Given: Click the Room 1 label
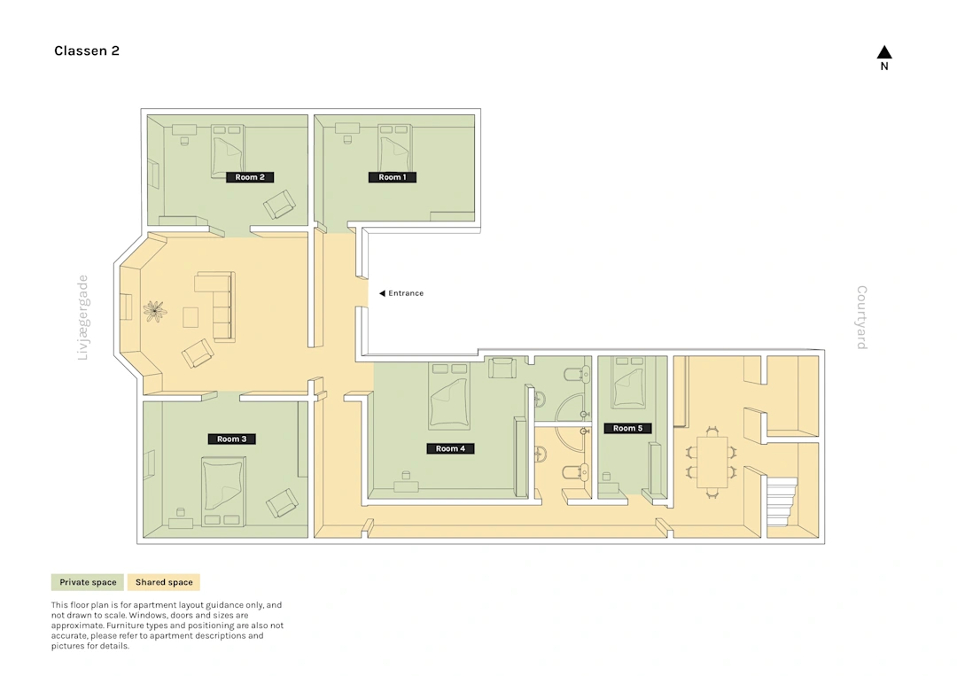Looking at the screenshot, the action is point(392,177).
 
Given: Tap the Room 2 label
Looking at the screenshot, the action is point(250,177).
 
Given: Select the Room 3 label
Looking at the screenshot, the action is point(232,439).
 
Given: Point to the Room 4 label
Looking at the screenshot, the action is point(450,448).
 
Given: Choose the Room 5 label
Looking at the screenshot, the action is point(627,428).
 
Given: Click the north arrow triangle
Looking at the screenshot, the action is point(884,52).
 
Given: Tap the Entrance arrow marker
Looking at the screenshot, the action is point(382,293).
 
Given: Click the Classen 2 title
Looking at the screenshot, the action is point(87,51).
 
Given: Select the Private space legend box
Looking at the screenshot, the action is point(88,582).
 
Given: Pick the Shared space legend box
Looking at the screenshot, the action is point(164,582).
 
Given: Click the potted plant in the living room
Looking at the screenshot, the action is point(155,311).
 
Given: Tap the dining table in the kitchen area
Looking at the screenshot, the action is point(712,462).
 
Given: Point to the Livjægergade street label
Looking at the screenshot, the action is point(83,317).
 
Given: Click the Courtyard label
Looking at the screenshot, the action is point(862,317).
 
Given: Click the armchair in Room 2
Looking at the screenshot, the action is point(279,205).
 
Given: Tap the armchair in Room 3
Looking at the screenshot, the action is point(282,502).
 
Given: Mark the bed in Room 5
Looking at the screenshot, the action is point(628,382).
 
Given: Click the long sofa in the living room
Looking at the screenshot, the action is point(215,307).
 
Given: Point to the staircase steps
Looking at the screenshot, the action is point(782,501).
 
